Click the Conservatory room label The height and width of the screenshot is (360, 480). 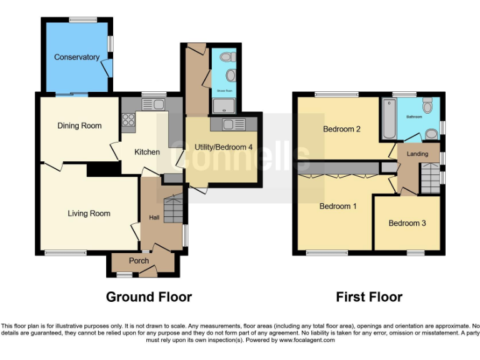pos(77,57)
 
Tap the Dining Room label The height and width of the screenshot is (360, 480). pos(79,126)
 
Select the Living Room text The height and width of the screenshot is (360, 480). pos(89,213)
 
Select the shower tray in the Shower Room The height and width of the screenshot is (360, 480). pos(221,106)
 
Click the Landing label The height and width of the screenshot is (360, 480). pos(417,154)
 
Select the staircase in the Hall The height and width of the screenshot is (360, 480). pos(174,207)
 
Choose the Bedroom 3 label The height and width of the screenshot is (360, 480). pos(407,223)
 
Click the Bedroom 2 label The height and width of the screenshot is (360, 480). pos(342,130)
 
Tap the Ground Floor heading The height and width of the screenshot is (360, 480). pos(149,297)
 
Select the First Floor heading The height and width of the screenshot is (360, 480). pos(369,297)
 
